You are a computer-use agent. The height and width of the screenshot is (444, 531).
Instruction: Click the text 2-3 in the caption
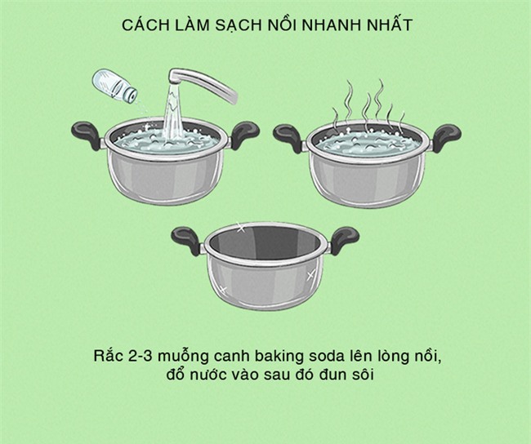coord(155,357)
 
